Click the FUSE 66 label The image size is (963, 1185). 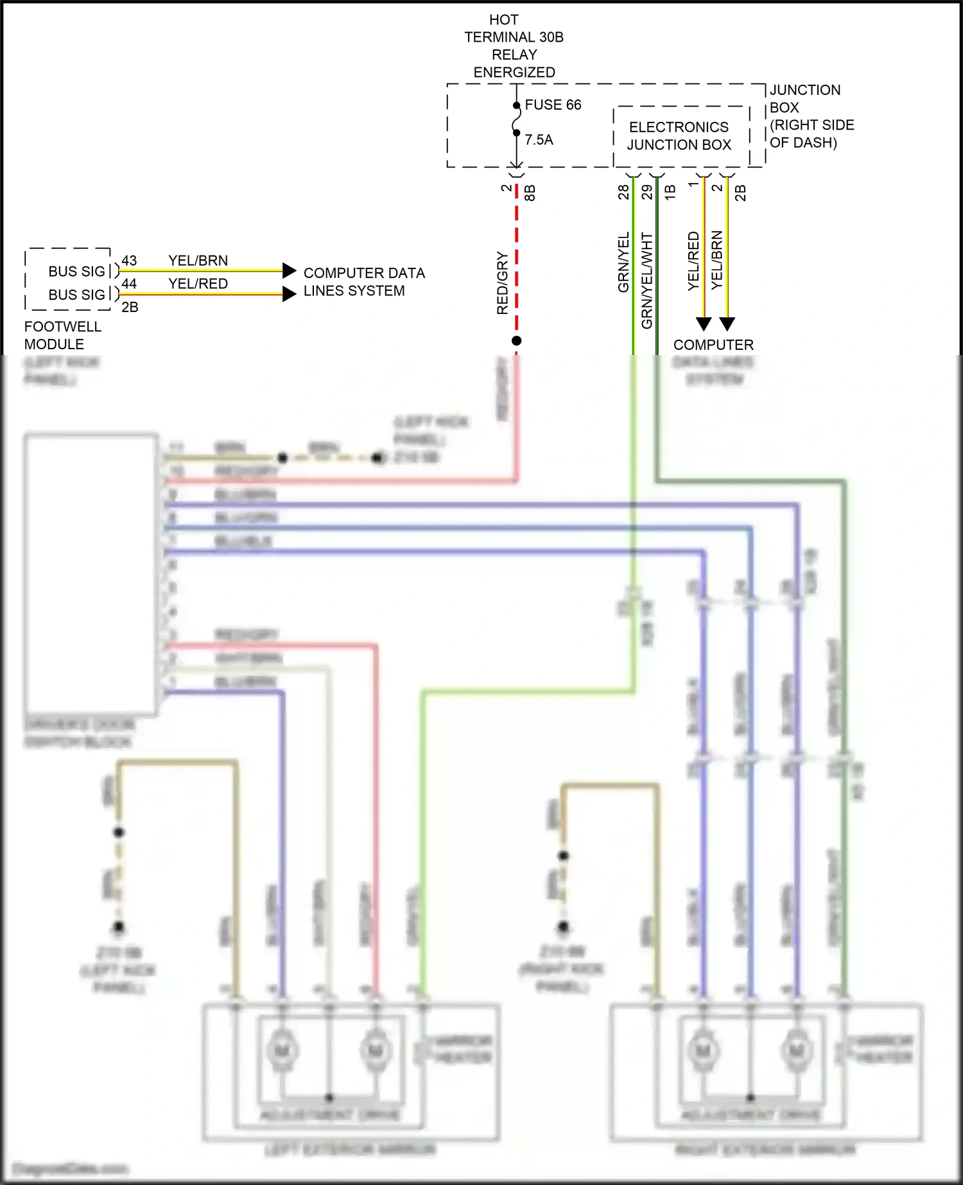click(553, 105)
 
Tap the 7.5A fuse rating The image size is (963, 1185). click(539, 140)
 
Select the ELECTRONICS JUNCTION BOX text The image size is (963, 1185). click(679, 136)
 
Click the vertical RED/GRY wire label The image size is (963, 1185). click(503, 283)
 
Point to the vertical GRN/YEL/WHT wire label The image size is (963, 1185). click(646, 281)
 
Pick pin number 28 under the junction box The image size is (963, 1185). click(623, 192)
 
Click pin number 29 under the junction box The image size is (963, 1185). click(647, 192)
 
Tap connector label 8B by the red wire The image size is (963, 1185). click(530, 193)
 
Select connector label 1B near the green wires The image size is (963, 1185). click(670, 192)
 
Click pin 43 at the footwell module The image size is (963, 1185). click(129, 261)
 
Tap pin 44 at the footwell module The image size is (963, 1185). click(129, 284)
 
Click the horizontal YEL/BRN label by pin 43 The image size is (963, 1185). click(198, 261)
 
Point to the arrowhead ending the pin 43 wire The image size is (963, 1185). click(290, 270)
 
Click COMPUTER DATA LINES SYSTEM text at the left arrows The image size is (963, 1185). click(363, 282)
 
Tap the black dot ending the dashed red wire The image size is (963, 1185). click(516, 341)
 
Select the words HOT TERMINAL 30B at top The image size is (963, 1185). click(514, 29)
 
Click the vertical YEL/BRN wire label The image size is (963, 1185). click(717, 260)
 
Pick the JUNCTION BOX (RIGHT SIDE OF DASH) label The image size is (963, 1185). click(811, 116)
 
